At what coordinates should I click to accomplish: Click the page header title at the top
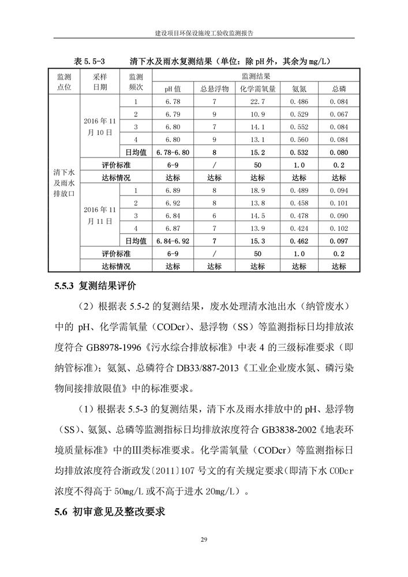204,34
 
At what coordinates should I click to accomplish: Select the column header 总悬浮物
214,89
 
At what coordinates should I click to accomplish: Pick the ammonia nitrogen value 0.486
298,102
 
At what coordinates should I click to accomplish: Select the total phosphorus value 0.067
339,114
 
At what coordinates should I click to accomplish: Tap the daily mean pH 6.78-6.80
173,152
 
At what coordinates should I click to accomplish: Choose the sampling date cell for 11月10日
100,126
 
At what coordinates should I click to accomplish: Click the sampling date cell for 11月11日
100,215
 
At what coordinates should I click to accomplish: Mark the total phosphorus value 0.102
339,228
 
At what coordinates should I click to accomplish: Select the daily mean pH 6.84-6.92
173,241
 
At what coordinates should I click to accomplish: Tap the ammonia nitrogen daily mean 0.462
298,241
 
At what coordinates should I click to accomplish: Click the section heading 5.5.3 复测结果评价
95,285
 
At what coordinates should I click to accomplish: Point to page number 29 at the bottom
204,539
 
